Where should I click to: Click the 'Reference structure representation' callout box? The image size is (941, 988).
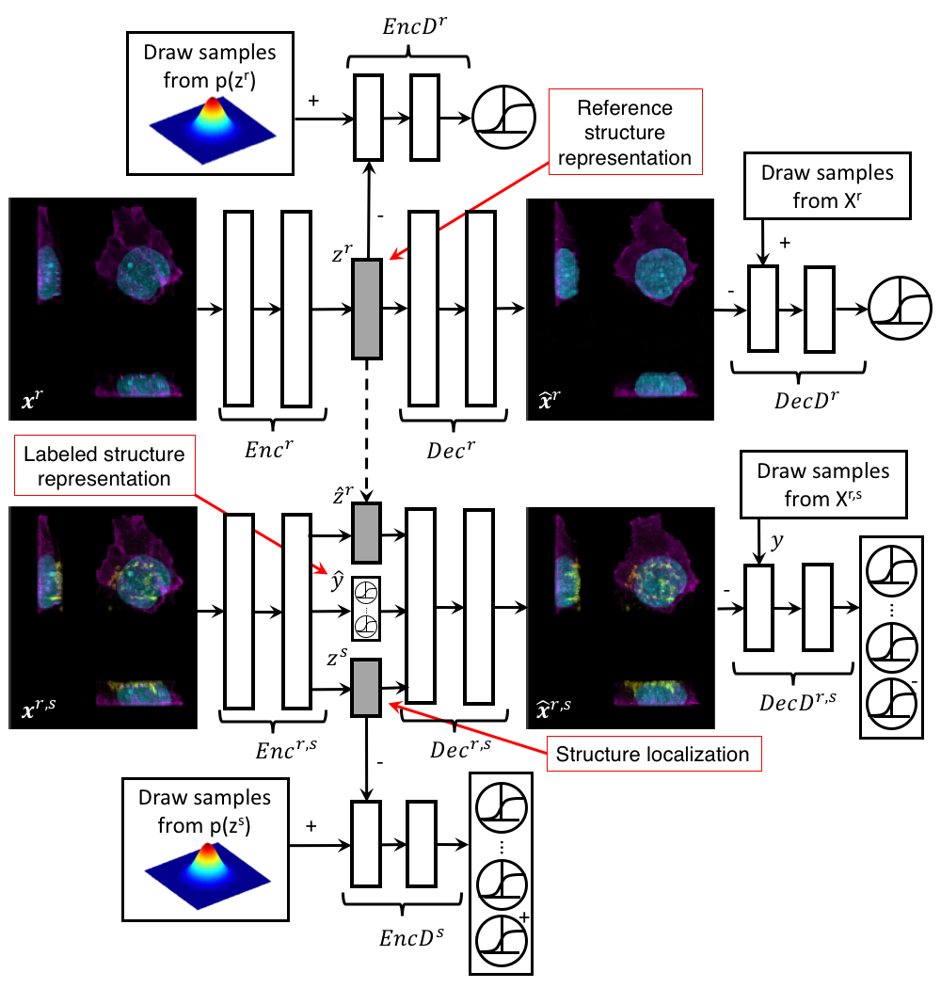click(x=625, y=134)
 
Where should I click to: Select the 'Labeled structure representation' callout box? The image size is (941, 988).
click(x=104, y=467)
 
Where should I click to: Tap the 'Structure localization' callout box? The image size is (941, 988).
click(x=652, y=754)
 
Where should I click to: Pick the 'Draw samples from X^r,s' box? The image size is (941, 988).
click(x=823, y=486)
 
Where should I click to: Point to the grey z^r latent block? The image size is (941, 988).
click(x=366, y=309)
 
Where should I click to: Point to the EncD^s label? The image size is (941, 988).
click(x=411, y=938)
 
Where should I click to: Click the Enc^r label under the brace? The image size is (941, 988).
click(x=272, y=438)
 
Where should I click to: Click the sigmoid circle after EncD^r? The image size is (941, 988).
click(x=503, y=118)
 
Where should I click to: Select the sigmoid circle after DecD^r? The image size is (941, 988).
click(x=900, y=308)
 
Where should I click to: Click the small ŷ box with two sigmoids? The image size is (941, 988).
click(x=366, y=610)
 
